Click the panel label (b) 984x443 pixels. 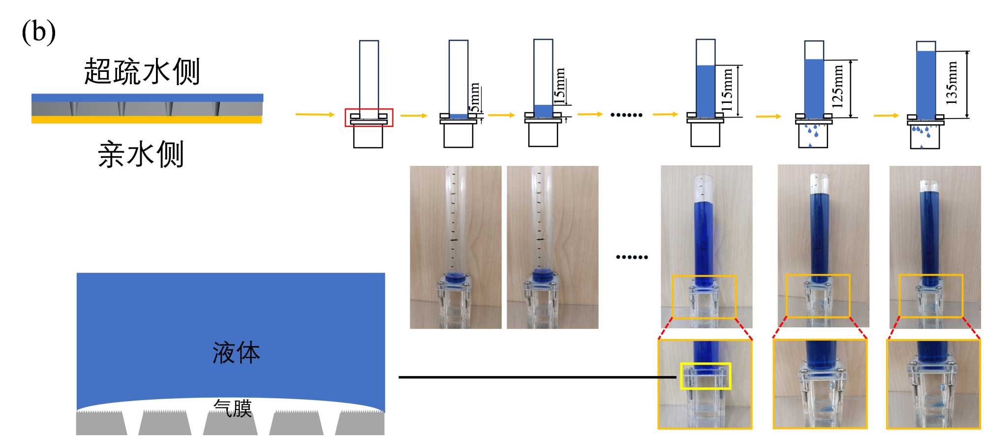click(x=38, y=32)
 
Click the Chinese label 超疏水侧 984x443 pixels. click(x=142, y=72)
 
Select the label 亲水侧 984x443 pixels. click(x=141, y=155)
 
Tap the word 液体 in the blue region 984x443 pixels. click(x=236, y=353)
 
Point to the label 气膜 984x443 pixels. click(x=233, y=408)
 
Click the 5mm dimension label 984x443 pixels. click(x=474, y=97)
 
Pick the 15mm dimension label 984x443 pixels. click(x=559, y=86)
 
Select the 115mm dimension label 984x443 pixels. click(x=727, y=90)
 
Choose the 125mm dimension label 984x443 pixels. click(x=837, y=87)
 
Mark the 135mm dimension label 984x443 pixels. click(x=952, y=83)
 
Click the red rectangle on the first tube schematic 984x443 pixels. click(x=369, y=118)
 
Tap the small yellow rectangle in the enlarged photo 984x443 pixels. click(x=706, y=376)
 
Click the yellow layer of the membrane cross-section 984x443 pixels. click(x=147, y=120)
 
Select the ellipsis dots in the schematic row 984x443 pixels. click(x=626, y=115)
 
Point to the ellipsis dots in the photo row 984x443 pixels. click(x=632, y=257)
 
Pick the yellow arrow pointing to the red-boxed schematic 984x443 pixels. click(x=315, y=114)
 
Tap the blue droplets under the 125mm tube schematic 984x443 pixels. click(x=812, y=132)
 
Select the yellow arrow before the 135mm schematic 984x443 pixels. click(x=886, y=116)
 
